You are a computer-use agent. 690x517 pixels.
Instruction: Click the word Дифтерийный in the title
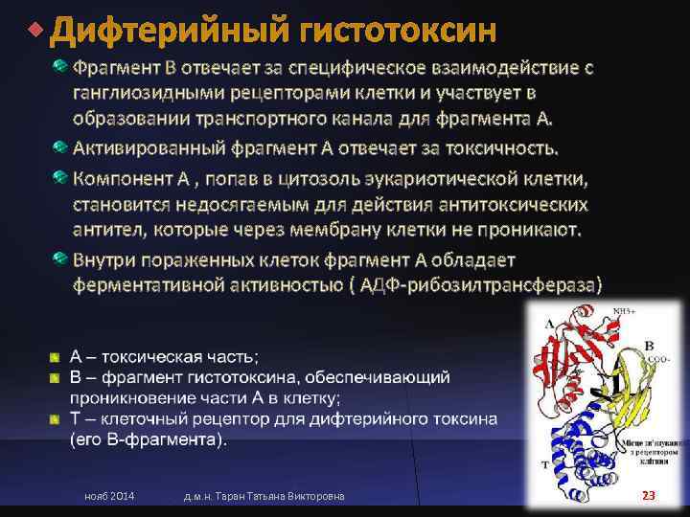[169, 32]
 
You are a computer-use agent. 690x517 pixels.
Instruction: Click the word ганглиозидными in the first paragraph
[156, 93]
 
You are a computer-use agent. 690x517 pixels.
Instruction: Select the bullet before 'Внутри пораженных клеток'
[60, 259]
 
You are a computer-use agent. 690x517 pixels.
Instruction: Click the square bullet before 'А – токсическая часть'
[57, 357]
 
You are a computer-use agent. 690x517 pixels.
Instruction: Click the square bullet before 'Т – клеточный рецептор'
[57, 418]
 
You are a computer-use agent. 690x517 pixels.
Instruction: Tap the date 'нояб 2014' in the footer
[110, 495]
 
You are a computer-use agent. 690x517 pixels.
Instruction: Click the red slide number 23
[649, 495]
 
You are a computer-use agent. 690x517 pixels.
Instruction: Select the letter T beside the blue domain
[544, 462]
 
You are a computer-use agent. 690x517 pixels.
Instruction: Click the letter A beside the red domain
[548, 326]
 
